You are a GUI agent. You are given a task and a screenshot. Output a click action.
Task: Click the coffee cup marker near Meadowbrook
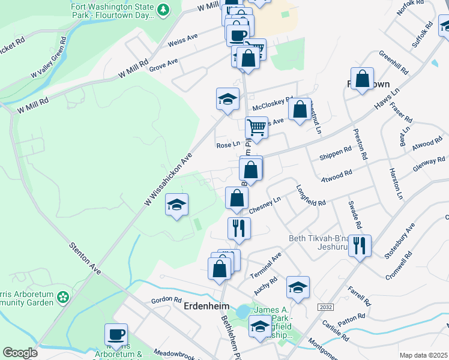(x=116, y=335)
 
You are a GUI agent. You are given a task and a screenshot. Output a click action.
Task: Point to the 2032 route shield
(x=325, y=307)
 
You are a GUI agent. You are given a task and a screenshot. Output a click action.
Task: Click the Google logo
(x=20, y=353)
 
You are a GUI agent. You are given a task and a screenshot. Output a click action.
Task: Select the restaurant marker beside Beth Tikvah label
(x=360, y=245)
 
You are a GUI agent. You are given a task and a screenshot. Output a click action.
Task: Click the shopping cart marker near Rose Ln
(x=256, y=127)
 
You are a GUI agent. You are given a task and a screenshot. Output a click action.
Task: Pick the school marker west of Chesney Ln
(x=177, y=205)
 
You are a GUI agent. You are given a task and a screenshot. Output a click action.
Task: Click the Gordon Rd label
(x=166, y=299)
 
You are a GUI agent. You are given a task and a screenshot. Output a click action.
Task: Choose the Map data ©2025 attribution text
(x=423, y=355)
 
